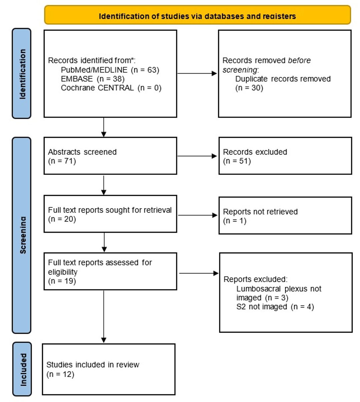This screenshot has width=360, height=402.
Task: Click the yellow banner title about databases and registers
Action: tap(197, 16)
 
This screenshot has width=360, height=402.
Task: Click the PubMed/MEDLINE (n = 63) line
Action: tap(110, 70)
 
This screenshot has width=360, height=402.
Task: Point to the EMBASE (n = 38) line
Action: tap(93, 79)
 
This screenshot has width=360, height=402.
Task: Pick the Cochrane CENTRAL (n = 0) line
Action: tap(111, 88)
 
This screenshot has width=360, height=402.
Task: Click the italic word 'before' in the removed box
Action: tap(299, 60)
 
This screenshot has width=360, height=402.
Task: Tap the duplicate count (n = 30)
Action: tap(249, 88)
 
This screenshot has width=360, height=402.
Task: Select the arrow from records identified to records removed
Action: tap(197, 73)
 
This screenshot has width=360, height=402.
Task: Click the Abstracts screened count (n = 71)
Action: tap(62, 161)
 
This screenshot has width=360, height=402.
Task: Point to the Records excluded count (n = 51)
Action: tap(237, 161)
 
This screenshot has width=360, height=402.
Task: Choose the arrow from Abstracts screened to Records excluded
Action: tap(197, 156)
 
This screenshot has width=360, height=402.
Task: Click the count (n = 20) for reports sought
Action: tap(62, 219)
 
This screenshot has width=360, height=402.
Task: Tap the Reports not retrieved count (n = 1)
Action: tap(235, 220)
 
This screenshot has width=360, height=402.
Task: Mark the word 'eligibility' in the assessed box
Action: tap(63, 272)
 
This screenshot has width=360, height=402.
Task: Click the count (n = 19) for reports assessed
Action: tap(62, 281)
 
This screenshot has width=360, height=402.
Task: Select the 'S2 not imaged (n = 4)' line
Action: tap(275, 307)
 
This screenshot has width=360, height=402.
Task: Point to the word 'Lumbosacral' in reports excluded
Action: tap(258, 289)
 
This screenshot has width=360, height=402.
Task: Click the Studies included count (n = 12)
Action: tap(60, 374)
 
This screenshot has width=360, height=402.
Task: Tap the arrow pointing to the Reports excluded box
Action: tap(199, 273)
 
